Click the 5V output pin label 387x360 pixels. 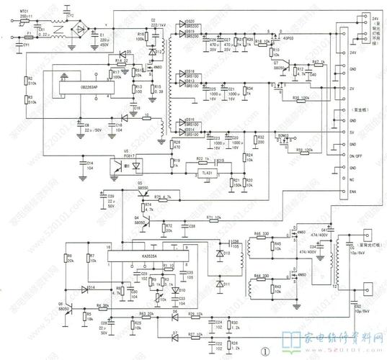[x=353, y=132]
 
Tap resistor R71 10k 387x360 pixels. [x=213, y=218]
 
